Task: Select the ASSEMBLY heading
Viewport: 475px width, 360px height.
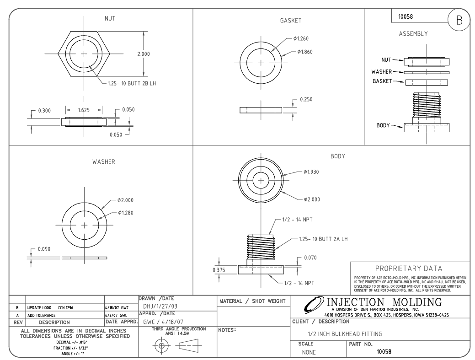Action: click(x=413, y=34)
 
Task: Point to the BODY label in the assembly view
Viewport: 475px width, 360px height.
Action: click(x=383, y=125)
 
